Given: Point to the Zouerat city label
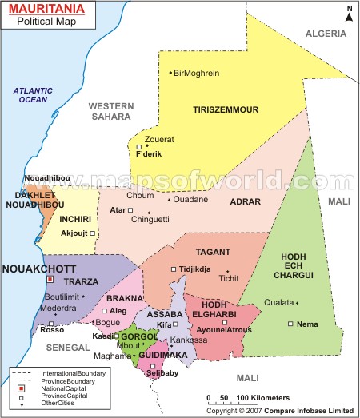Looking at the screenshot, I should point(160,138).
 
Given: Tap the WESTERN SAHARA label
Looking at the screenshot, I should point(110,111).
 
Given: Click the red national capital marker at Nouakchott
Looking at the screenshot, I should point(50,280).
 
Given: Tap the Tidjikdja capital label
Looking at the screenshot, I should point(195,269).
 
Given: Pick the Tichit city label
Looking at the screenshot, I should point(230,278).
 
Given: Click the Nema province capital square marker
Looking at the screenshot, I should point(290,324).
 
